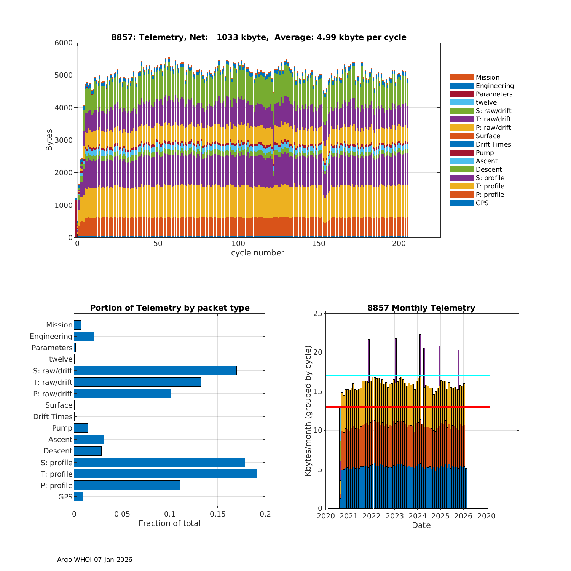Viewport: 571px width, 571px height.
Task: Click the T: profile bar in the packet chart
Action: (x=165, y=474)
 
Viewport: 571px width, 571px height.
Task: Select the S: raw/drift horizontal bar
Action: (x=155, y=371)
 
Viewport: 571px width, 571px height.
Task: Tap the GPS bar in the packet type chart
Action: (x=78, y=497)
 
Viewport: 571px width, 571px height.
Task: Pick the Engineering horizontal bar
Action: (x=84, y=337)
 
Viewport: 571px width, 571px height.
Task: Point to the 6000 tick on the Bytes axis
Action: (x=64, y=43)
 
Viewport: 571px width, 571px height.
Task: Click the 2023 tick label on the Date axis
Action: (x=394, y=516)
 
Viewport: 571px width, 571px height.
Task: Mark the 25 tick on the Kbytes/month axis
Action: (x=317, y=314)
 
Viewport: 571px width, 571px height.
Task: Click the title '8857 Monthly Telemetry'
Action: (x=421, y=308)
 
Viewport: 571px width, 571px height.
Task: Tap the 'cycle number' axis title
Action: (x=257, y=253)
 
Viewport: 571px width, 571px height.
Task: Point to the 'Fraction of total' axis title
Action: (x=169, y=523)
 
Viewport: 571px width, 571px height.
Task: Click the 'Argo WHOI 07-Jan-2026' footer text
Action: (x=94, y=560)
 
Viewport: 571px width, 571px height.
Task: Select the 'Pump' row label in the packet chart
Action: (x=62, y=428)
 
